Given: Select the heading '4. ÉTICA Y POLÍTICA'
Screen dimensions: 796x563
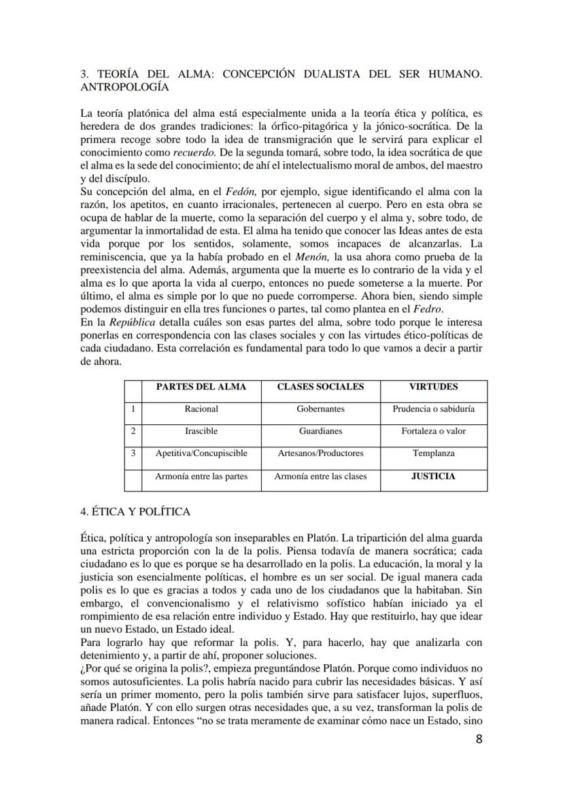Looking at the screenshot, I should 135,511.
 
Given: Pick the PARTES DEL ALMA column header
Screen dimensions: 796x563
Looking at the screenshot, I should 201,387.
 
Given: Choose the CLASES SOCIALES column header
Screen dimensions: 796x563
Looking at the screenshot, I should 320,387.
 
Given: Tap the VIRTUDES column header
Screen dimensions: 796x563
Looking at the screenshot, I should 433,387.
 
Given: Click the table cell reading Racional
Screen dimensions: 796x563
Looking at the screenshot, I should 201,409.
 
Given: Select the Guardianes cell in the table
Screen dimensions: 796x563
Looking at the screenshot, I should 320,431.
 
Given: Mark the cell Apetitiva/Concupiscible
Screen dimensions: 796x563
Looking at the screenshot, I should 201,453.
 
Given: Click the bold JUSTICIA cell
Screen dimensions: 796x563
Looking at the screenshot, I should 433,477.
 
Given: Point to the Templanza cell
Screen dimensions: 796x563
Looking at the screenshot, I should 433,453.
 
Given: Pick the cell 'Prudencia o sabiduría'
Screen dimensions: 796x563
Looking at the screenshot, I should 433,409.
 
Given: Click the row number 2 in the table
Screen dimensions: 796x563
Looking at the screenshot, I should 133,431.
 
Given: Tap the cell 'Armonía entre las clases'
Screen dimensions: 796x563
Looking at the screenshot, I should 320,477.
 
